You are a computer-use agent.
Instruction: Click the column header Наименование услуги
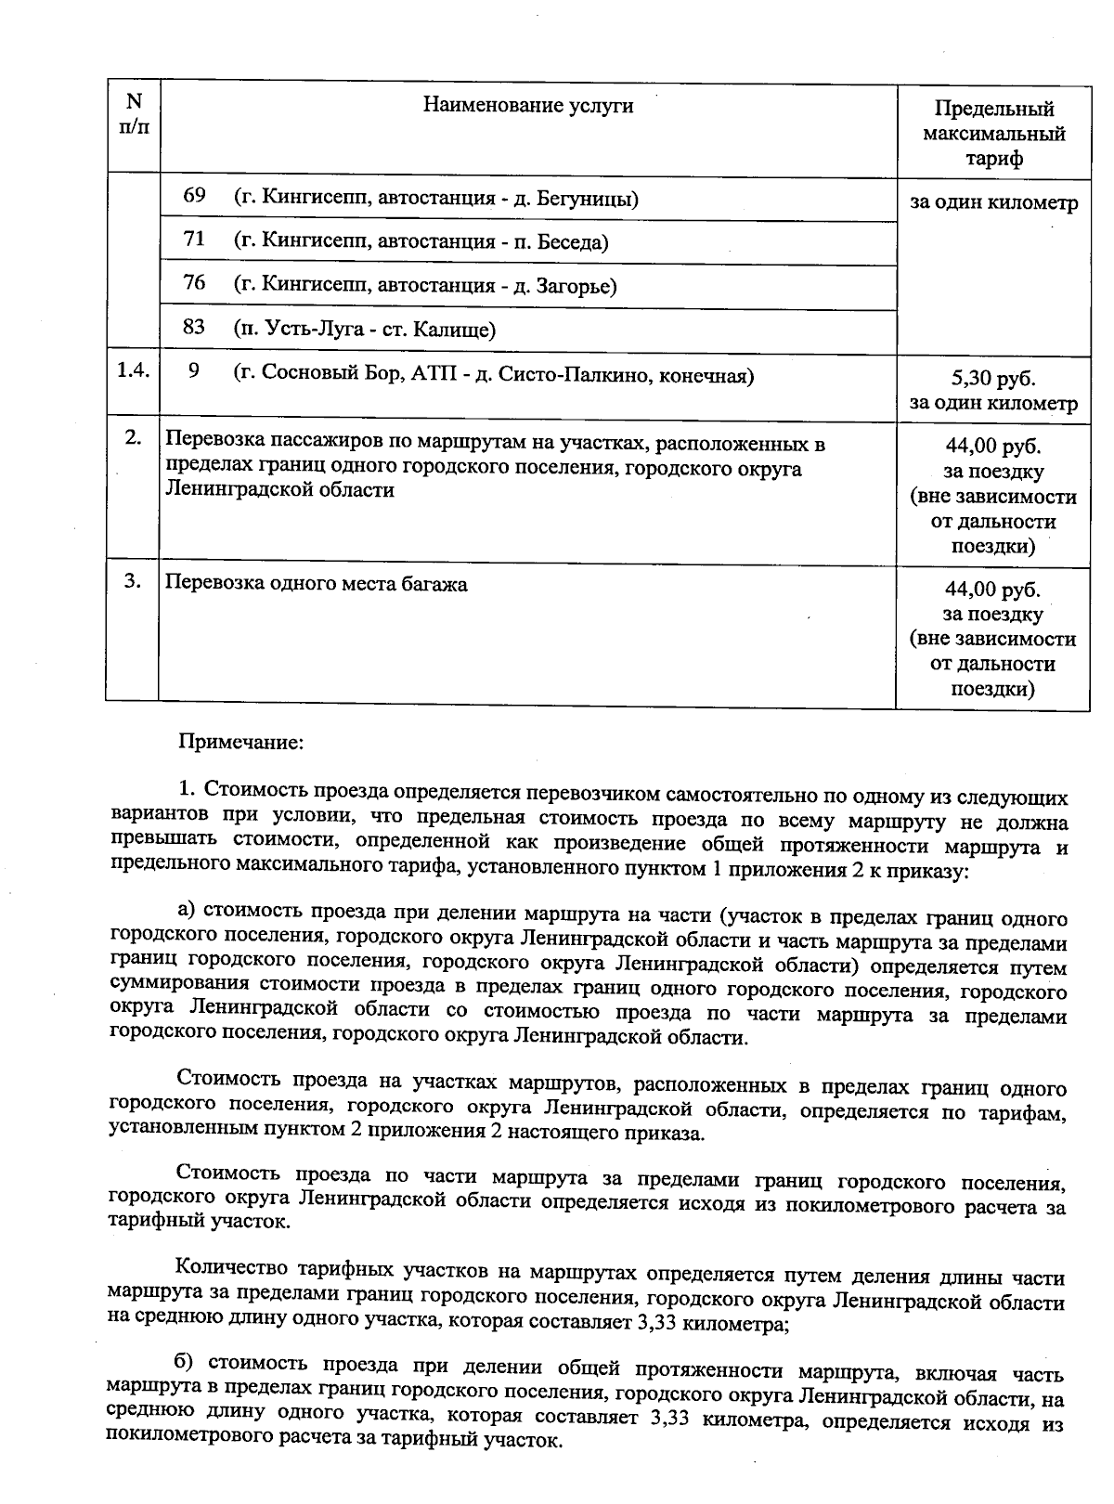pyautogui.click(x=528, y=106)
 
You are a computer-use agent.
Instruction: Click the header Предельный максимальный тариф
pyautogui.click(x=993, y=134)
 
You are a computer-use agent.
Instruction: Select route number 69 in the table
pyautogui.click(x=194, y=197)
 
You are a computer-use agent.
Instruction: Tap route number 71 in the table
pyautogui.click(x=194, y=240)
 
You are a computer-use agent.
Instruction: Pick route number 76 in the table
pyautogui.click(x=194, y=283)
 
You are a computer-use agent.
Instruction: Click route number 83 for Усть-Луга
pyautogui.click(x=194, y=328)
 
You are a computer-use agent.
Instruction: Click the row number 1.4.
pyautogui.click(x=133, y=371)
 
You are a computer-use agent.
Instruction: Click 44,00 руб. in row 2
pyautogui.click(x=992, y=447)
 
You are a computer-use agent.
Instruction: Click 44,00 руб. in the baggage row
pyautogui.click(x=992, y=590)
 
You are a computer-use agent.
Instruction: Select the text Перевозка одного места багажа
pyautogui.click(x=316, y=584)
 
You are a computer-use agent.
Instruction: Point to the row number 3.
pyautogui.click(x=133, y=581)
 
